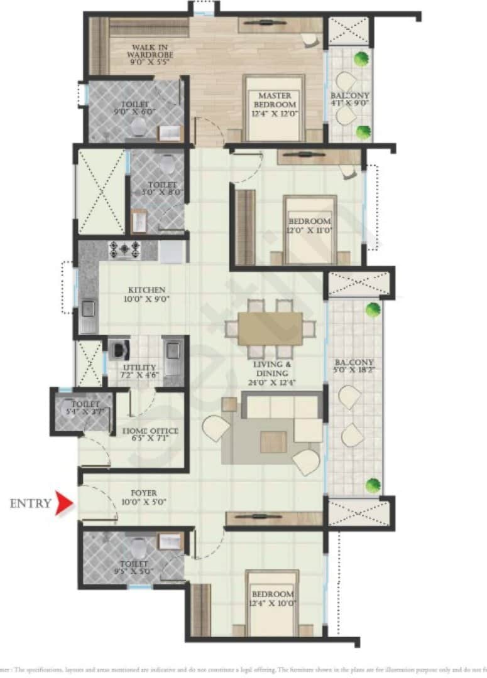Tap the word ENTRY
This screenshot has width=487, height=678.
coord(30,503)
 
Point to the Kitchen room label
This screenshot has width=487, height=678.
coord(146,294)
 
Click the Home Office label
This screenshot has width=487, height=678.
coord(154,435)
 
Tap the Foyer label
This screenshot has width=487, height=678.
coord(144,497)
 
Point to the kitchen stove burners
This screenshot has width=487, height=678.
coord(125,249)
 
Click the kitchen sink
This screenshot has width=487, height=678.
coord(88,308)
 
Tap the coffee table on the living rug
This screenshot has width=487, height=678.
coord(273,441)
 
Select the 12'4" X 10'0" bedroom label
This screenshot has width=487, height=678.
coord(272,598)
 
